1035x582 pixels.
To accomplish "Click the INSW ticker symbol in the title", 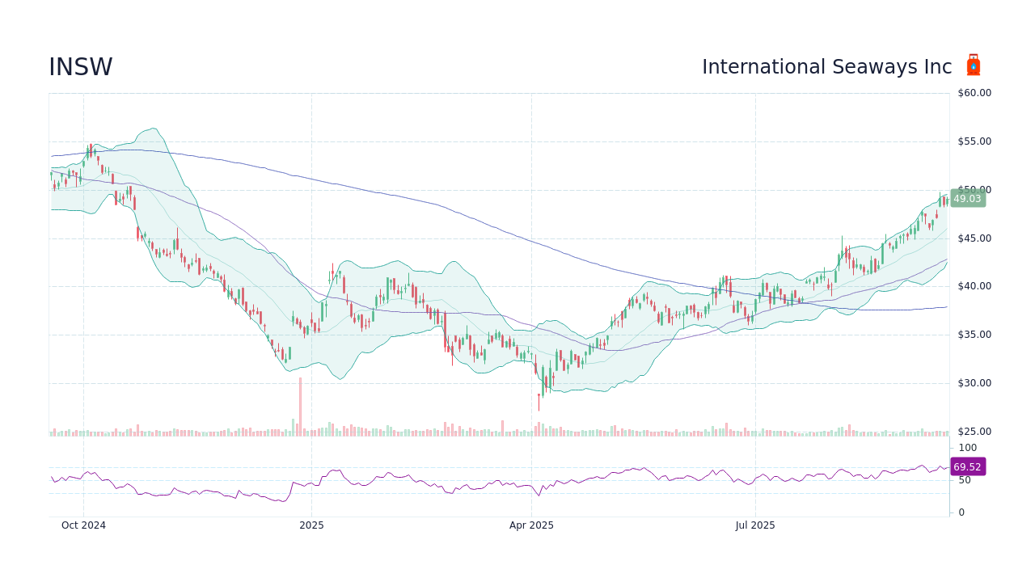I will (81, 68).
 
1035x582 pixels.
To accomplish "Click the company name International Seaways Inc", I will (826, 68).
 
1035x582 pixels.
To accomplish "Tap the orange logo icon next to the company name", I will (974, 65).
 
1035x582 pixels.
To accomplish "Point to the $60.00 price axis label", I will (974, 93).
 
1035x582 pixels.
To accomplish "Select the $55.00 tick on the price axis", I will (974, 141).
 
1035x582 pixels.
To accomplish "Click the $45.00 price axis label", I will (974, 238).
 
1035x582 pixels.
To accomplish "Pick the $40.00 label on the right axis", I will (974, 286).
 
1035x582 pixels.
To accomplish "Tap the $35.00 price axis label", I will (974, 335).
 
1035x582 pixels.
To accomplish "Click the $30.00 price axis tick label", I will (974, 383).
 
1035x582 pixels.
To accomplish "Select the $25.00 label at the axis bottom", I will (974, 432).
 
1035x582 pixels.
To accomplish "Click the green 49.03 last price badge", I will (967, 199).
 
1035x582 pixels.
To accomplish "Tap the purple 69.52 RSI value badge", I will (967, 467).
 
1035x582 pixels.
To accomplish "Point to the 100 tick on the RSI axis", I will (968, 448).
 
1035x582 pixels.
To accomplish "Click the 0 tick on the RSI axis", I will (961, 512).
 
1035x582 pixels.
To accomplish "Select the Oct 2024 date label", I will (83, 525).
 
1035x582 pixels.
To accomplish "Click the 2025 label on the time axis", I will (311, 525).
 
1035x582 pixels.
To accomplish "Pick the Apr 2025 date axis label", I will (531, 525).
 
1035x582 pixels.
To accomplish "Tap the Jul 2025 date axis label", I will (755, 525).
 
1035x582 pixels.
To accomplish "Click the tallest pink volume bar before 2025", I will (300, 407).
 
